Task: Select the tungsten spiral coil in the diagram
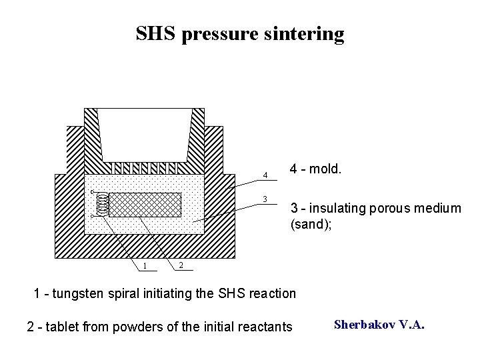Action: click(x=102, y=205)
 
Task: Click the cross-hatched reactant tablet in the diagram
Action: click(x=145, y=205)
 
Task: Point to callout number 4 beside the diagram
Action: click(x=265, y=175)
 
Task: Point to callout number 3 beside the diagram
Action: click(x=265, y=199)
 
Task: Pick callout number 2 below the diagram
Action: click(x=180, y=266)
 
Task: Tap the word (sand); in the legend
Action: click(x=311, y=225)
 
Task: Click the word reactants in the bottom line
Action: click(x=265, y=327)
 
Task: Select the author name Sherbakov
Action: click(x=364, y=325)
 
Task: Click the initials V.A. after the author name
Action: click(x=411, y=325)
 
